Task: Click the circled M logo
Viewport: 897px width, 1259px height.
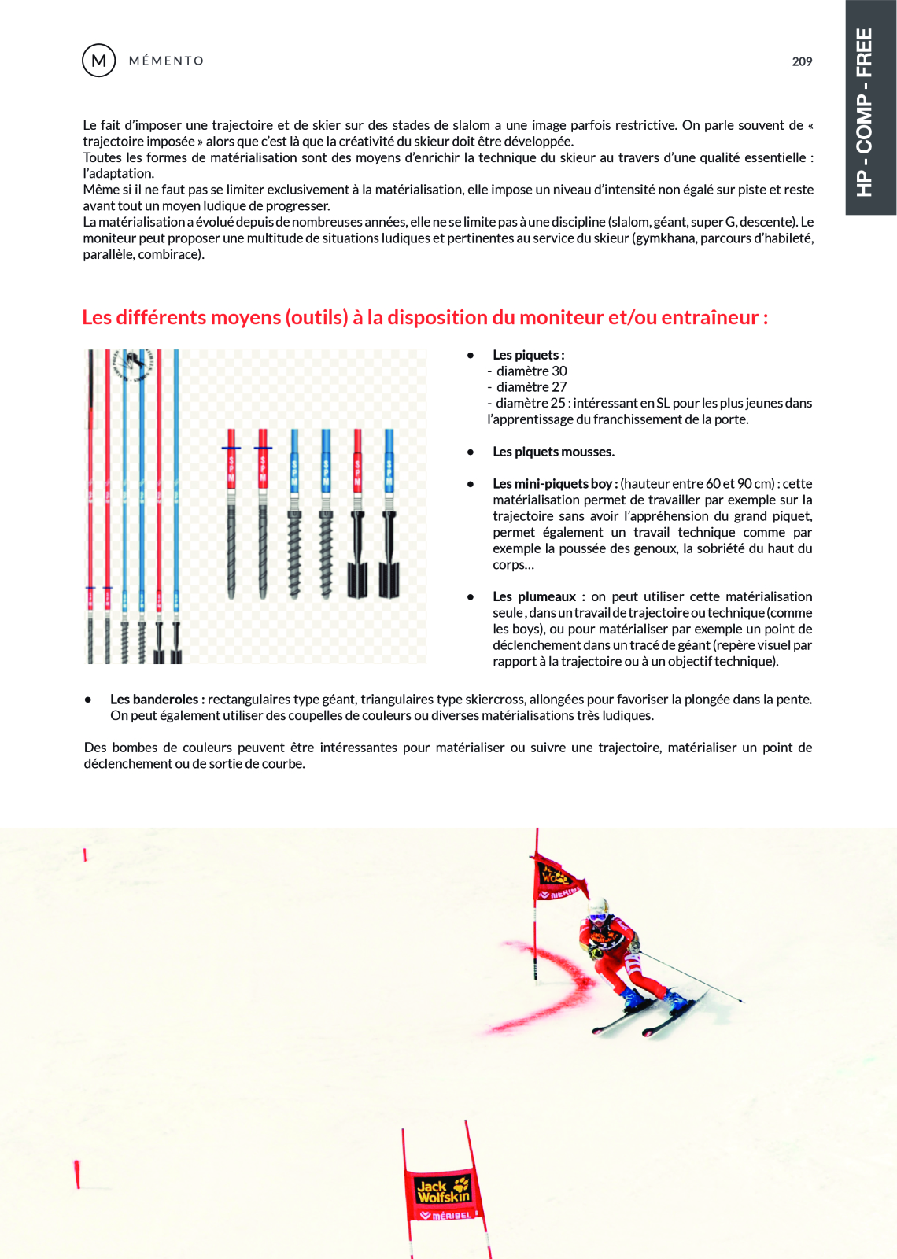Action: click(99, 61)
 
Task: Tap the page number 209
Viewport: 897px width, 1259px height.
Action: click(802, 61)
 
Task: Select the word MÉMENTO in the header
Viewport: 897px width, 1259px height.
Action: click(166, 61)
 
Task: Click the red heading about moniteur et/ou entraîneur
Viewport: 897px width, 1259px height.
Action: click(425, 317)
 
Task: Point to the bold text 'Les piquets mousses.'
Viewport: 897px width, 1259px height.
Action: click(553, 452)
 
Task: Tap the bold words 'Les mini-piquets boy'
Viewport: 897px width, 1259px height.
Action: click(552, 484)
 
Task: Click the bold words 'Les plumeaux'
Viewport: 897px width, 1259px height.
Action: click(534, 596)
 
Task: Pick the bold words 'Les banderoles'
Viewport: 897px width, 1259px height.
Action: click(154, 699)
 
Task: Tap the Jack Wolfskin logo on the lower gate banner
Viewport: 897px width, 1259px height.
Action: click(442, 1191)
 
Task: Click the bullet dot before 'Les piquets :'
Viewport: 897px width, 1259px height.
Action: click(471, 355)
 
